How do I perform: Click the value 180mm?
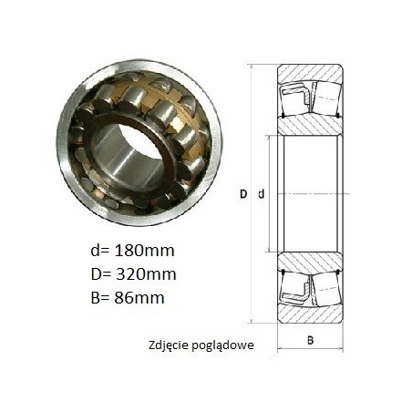click(144, 251)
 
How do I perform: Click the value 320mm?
click(146, 274)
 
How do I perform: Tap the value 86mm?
click(139, 298)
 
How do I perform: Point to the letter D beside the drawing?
click(243, 194)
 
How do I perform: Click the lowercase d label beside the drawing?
click(262, 193)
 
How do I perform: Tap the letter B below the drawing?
click(310, 340)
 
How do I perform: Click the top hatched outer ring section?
click(310, 73)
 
